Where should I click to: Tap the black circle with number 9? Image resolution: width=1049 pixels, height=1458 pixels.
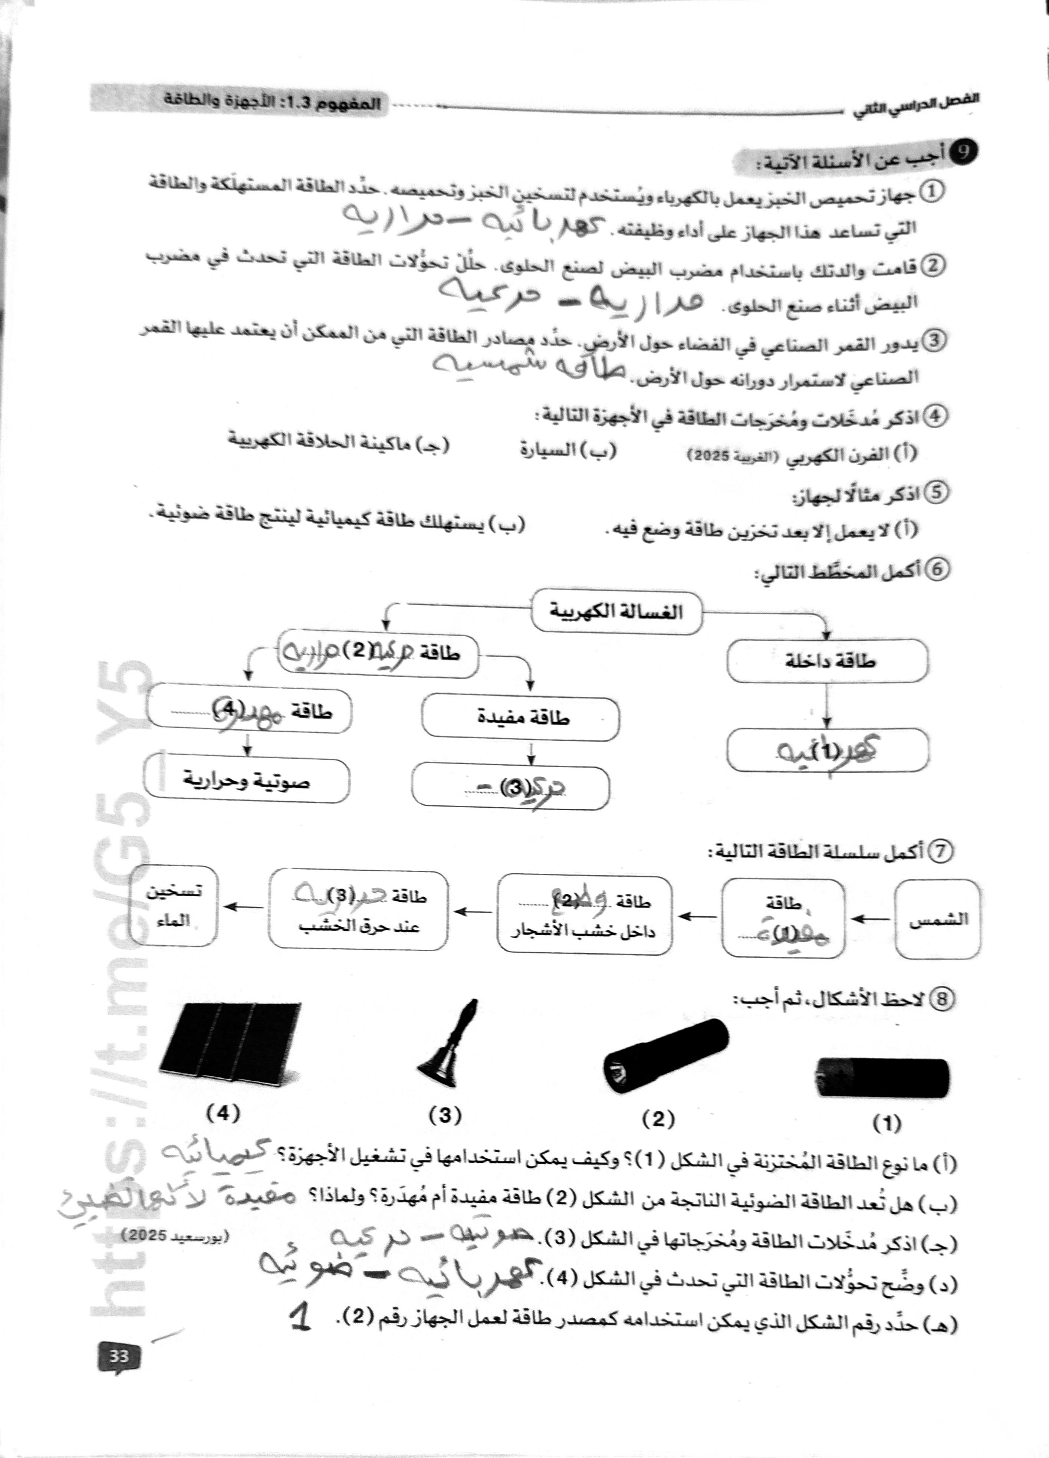(x=964, y=152)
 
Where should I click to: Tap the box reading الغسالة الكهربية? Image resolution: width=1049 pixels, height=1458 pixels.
(x=616, y=611)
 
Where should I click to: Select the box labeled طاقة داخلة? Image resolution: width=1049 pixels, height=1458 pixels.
(x=827, y=660)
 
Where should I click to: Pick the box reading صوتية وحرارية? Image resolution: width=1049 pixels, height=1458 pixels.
(x=247, y=781)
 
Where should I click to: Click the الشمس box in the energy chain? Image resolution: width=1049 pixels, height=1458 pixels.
(x=938, y=919)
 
